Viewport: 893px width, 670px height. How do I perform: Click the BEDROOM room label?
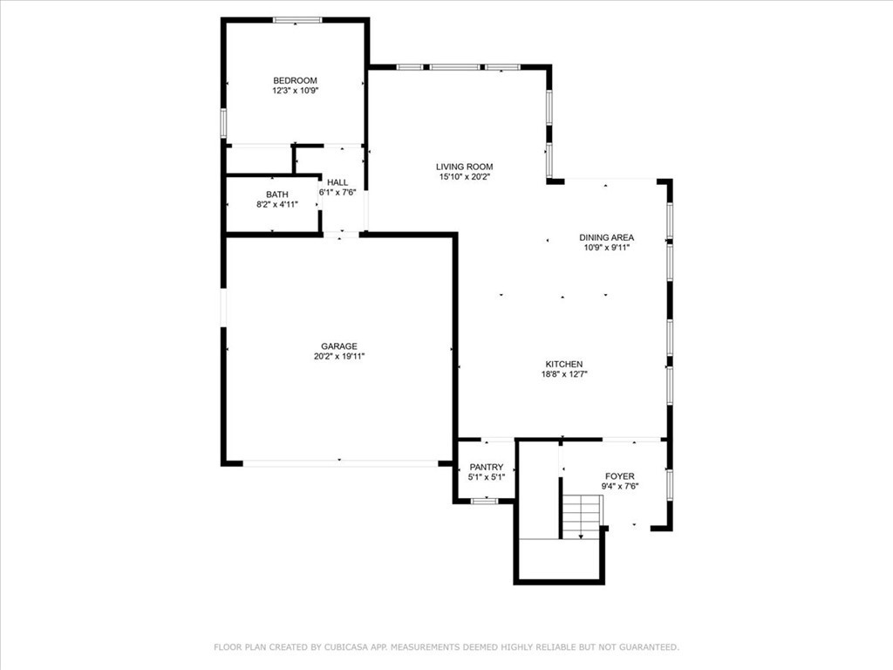(x=295, y=80)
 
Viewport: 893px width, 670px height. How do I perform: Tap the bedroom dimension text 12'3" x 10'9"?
(x=295, y=91)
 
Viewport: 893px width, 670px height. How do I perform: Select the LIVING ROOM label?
(x=465, y=167)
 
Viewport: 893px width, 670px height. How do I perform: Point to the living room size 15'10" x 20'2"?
(x=465, y=177)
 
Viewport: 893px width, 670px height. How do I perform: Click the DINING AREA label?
(x=606, y=237)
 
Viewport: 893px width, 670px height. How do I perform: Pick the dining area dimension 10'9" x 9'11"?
(x=606, y=248)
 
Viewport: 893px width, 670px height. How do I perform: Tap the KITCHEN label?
(x=564, y=365)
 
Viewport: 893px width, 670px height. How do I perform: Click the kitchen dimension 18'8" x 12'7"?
(x=564, y=375)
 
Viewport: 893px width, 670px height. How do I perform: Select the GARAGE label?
(x=339, y=346)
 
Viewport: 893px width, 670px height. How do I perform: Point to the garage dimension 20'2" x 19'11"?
(x=339, y=357)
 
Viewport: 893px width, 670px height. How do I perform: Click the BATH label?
(x=276, y=195)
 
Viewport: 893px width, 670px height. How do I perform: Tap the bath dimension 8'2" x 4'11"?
(x=276, y=205)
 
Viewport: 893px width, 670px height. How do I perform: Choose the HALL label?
(x=337, y=182)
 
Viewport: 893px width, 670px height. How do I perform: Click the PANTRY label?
(x=487, y=468)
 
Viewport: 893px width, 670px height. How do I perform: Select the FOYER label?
(x=620, y=476)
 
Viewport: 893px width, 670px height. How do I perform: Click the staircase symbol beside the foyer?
(x=581, y=516)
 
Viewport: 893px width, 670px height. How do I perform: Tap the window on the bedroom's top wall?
(x=297, y=20)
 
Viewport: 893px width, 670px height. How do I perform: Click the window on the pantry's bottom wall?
(x=483, y=501)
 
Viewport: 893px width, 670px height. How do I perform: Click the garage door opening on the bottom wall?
(x=340, y=462)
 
